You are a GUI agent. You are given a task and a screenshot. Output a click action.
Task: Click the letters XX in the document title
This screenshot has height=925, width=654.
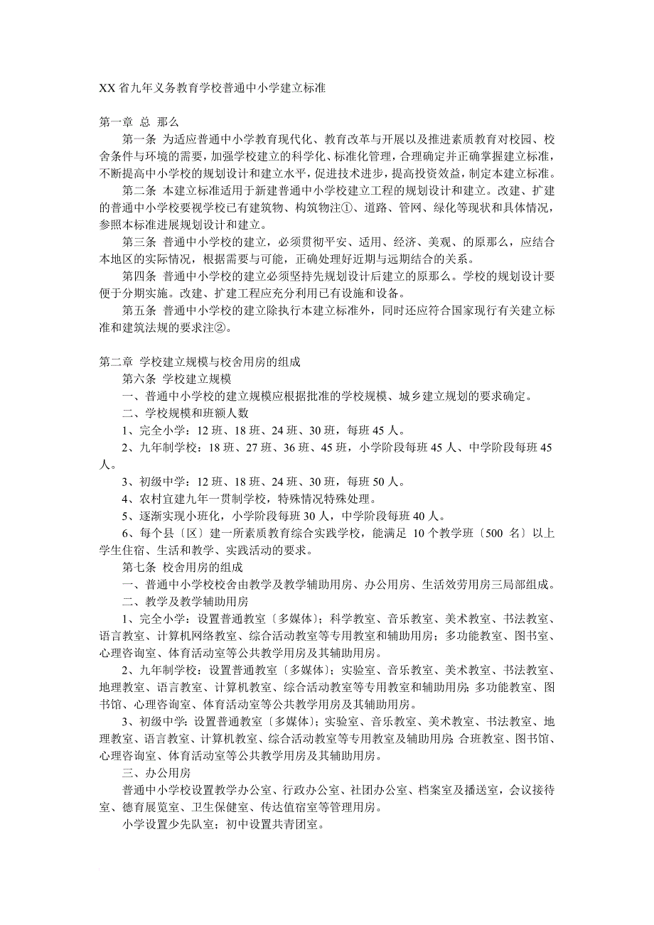(x=107, y=90)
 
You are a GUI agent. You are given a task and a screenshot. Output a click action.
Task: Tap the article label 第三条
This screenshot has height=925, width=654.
(x=139, y=242)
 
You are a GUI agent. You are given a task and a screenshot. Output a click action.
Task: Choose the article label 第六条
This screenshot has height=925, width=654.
(x=139, y=379)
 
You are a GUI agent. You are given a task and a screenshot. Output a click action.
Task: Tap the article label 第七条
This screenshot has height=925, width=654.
(x=139, y=568)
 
